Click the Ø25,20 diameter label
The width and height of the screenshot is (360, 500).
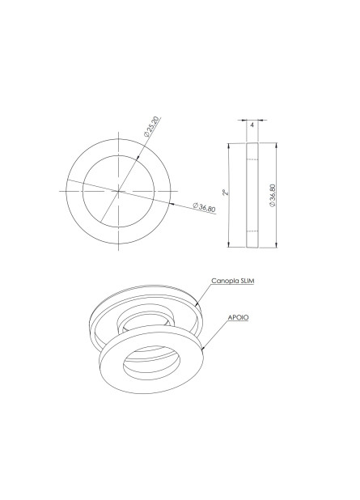tap(151, 127)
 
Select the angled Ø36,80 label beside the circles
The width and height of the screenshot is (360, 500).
tap(205, 207)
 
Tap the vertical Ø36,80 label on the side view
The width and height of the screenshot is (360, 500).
tap(272, 195)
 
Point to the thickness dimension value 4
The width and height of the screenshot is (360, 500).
tap(252, 125)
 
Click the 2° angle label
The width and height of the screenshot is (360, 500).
tap(225, 193)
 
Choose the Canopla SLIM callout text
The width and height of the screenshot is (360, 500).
tap(233, 281)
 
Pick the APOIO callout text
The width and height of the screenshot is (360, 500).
tap(238, 318)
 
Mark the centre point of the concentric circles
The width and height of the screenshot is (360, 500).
tap(119, 191)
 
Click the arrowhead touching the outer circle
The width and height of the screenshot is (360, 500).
tap(172, 203)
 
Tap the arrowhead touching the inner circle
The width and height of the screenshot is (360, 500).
tap(137, 157)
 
